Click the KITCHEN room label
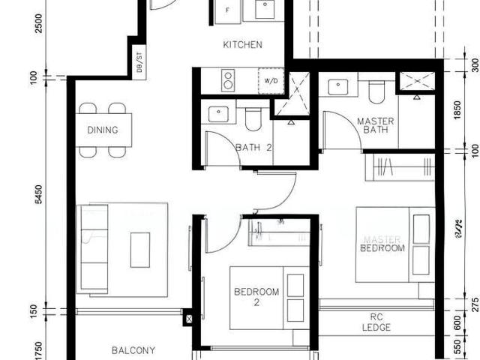[x=242, y=45]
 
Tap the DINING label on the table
[x=103, y=130]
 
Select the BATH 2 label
[x=253, y=148]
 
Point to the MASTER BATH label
[x=375, y=126]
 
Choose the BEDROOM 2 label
[x=256, y=296]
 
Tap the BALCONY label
[x=133, y=350]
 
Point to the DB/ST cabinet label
[x=139, y=64]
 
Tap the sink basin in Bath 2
[x=218, y=113]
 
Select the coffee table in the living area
[x=140, y=249]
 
